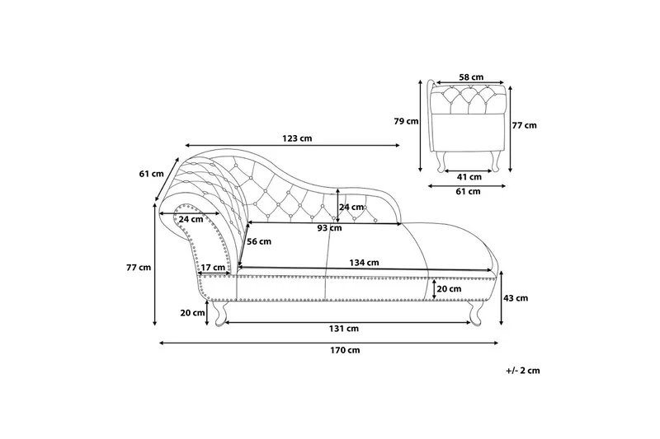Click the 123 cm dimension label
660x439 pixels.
coord(296,138)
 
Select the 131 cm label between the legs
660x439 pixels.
coord(345,328)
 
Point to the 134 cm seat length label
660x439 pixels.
coord(365,263)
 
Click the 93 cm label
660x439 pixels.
coord(329,228)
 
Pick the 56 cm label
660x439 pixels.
coord(259,241)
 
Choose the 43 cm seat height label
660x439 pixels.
coord(516,299)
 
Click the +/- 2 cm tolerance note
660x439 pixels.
coord(522,371)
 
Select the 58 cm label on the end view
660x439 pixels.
coord(470,77)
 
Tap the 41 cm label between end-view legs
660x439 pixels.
coord(469,176)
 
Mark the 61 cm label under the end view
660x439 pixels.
coord(468,192)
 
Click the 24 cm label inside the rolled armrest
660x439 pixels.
coord(191,219)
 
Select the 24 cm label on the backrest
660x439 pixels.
coord(351,207)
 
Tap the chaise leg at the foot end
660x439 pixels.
coord(477,313)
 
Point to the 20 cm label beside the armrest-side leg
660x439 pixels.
coord(192,312)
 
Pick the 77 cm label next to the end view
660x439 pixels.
coord(524,126)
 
